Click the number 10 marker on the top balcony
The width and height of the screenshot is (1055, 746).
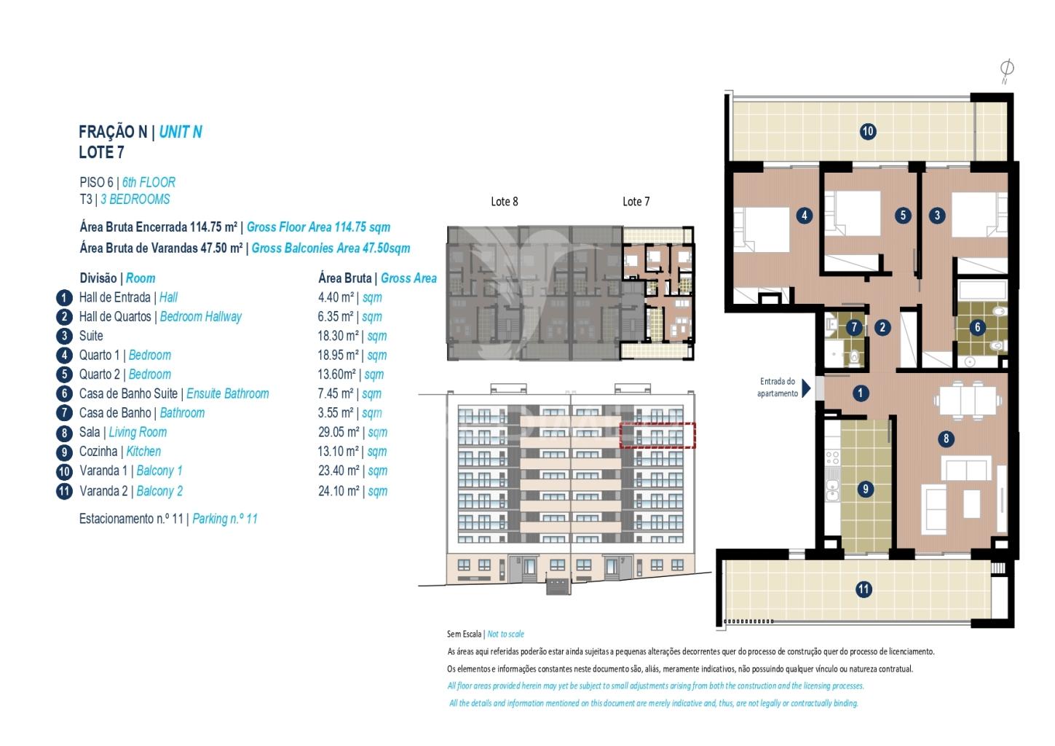(868, 131)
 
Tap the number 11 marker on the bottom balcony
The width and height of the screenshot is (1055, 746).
(864, 589)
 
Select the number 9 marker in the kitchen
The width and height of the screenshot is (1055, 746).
(865, 489)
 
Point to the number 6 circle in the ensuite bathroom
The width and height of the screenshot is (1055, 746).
(977, 328)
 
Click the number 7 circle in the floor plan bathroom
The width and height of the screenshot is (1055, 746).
(854, 328)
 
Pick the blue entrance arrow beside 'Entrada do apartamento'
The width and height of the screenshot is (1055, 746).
(806, 389)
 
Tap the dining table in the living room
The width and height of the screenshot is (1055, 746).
(968, 400)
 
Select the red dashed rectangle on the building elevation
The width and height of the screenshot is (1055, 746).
(657, 435)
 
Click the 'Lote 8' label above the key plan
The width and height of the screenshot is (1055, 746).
(505, 202)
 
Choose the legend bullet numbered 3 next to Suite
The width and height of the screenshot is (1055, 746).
(64, 336)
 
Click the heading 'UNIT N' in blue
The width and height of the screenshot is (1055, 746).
(181, 132)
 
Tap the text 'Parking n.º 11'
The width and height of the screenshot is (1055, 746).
(225, 519)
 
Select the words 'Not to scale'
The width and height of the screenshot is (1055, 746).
(506, 634)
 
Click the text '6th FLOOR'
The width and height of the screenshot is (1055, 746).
(149, 182)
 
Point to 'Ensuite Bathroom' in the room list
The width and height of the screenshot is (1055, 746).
(228, 393)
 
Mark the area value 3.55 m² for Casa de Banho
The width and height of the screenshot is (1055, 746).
(336, 413)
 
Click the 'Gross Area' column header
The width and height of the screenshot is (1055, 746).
(408, 278)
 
